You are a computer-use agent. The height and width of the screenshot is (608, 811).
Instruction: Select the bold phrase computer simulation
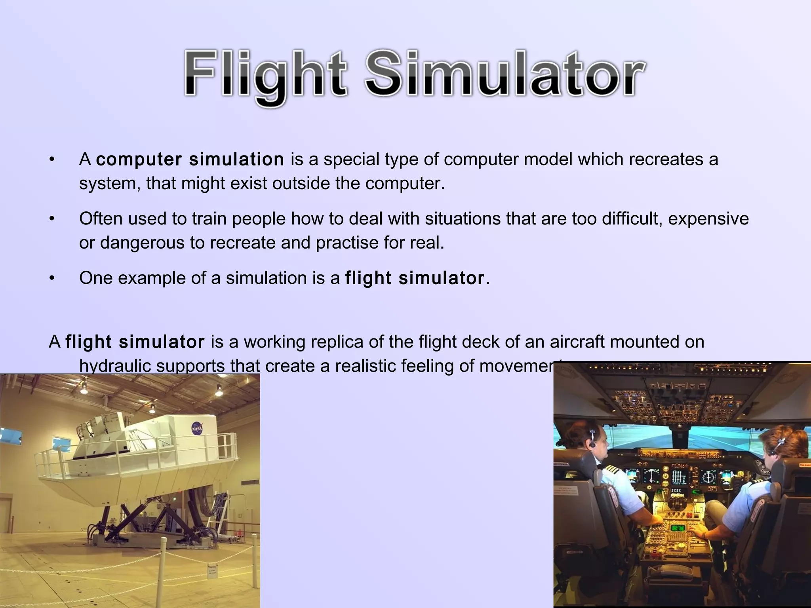[190, 160]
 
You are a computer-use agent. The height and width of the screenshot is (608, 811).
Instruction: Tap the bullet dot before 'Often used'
[51, 219]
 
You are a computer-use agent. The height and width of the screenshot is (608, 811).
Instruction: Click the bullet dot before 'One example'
[51, 278]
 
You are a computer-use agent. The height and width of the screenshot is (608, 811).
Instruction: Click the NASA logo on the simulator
[197, 429]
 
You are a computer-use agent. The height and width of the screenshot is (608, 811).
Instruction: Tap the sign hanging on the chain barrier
[213, 571]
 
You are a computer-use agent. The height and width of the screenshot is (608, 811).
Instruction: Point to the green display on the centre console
[678, 528]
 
